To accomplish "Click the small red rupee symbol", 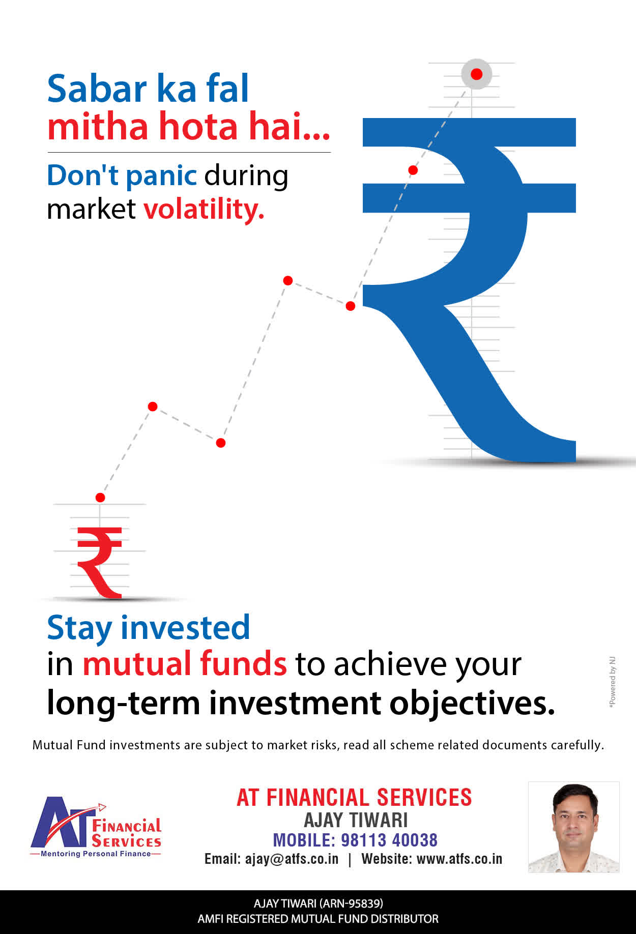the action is coord(100,562).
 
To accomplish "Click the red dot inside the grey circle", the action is coord(476,74).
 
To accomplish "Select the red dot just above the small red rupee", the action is coord(100,498).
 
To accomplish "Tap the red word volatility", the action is coord(204,209).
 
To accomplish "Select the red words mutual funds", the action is coord(185,664).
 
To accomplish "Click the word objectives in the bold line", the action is coord(472,704).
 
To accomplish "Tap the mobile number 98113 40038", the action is coord(389,840).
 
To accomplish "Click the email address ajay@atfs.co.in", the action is coord(292,859).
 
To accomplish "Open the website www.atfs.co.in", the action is coord(459,859).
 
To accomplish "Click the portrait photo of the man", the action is coord(573,827).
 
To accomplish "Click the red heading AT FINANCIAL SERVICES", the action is coord(354,798).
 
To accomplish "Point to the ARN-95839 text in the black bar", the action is coord(351,903).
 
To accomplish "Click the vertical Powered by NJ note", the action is coord(613,682).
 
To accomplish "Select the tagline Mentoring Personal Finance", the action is coord(96,854).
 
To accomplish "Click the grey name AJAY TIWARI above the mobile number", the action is coord(356,820).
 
